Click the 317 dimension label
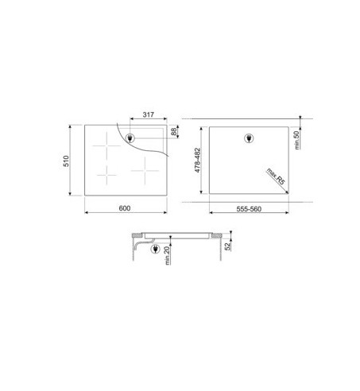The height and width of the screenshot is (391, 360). (148, 114)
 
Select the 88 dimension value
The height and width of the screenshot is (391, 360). (174, 132)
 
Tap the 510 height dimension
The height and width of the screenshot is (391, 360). (66, 161)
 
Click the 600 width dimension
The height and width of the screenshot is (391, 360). (125, 208)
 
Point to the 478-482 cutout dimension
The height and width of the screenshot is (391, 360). (197, 161)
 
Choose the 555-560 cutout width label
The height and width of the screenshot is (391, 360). (249, 209)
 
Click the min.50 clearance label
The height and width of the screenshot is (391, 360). (296, 140)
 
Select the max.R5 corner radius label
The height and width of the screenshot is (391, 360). (276, 176)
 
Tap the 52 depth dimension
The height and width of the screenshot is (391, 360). (227, 246)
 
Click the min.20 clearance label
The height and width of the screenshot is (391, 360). (167, 255)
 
